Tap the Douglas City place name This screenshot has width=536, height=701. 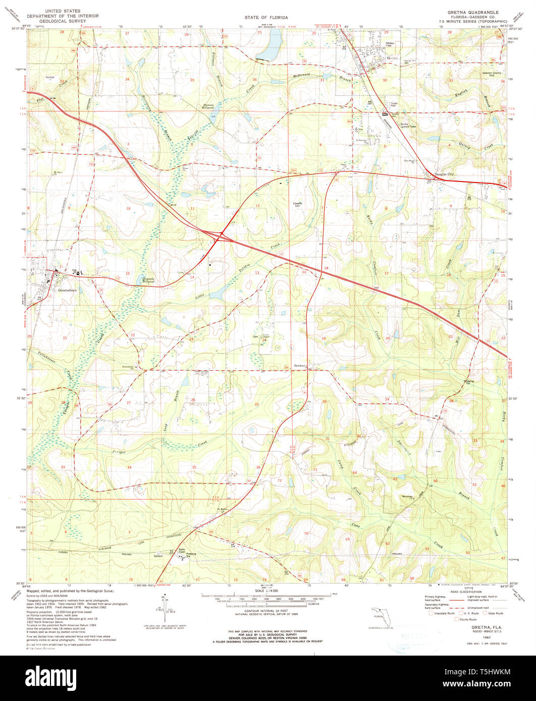[445, 174]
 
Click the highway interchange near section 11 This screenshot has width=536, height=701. [220, 236]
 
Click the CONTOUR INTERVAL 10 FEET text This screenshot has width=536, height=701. [266, 607]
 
